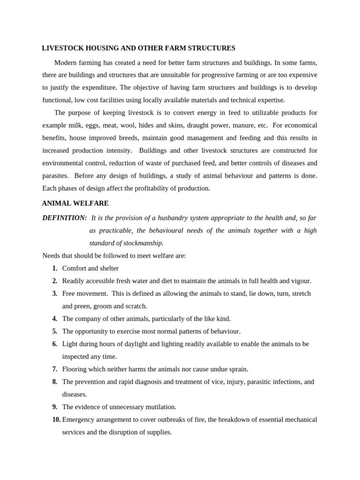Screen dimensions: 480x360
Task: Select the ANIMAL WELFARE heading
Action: pyautogui.click(x=75, y=203)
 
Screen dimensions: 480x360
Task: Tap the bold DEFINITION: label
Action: pyautogui.click(x=65, y=218)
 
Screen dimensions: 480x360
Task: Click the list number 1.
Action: pyautogui.click(x=55, y=269)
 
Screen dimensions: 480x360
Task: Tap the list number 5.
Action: pyautogui.click(x=55, y=331)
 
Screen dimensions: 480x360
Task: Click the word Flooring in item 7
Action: pyautogui.click(x=75, y=369)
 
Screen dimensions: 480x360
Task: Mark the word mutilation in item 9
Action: pyautogui.click(x=158, y=407)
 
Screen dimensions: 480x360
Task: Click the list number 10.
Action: pyautogui.click(x=56, y=420)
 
